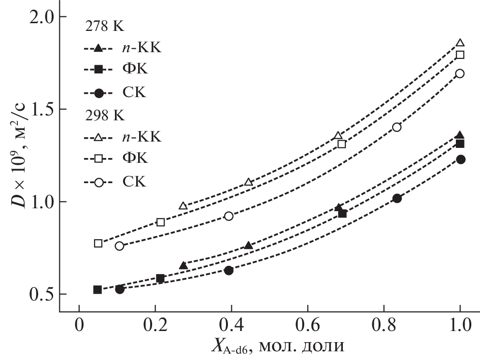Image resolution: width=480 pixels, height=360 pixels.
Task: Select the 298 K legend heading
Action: pyautogui.click(x=104, y=116)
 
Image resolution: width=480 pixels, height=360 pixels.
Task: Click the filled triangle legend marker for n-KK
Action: pyautogui.click(x=98, y=48)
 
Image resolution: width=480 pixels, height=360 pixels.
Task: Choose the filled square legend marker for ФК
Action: pyautogui.click(x=98, y=70)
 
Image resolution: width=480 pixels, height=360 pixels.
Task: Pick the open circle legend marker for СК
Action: pyautogui.click(x=98, y=182)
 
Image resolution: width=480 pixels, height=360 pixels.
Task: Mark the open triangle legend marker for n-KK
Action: pyautogui.click(x=98, y=138)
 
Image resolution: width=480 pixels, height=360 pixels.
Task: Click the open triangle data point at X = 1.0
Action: pyautogui.click(x=460, y=43)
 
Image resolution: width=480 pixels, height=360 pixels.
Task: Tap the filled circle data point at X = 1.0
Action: pyautogui.click(x=460, y=159)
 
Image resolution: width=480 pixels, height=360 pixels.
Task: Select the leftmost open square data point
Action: pyautogui.click(x=98, y=243)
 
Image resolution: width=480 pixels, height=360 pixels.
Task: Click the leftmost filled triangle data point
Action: pyautogui.click(x=184, y=265)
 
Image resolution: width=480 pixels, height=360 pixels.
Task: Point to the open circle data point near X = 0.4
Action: pyautogui.click(x=229, y=216)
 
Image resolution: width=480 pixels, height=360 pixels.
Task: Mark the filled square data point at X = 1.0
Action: pyautogui.click(x=460, y=144)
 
